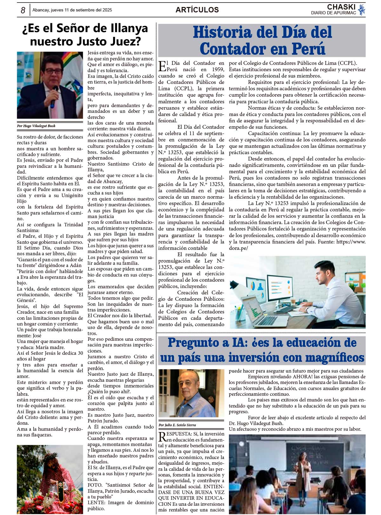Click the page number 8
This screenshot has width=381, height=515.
pyautogui.click(x=23, y=10)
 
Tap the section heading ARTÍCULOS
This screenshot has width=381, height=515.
pyautogui.click(x=197, y=10)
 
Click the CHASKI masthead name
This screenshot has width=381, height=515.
pyautogui.click(x=341, y=7)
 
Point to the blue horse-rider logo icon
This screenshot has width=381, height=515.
pyautogui.click(x=361, y=10)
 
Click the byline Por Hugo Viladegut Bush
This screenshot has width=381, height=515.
pyautogui.click(x=36, y=126)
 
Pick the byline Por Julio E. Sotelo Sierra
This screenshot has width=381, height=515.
pyautogui.click(x=177, y=425)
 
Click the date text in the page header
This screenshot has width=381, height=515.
pyautogui.click(x=72, y=10)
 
